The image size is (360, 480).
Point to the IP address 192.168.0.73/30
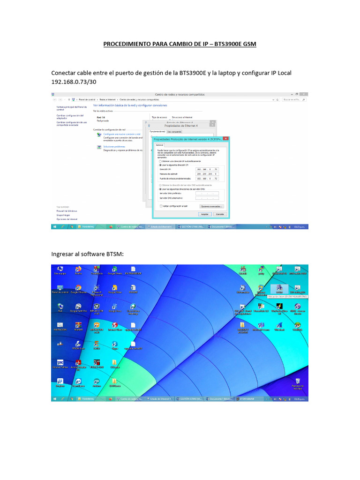[73, 82]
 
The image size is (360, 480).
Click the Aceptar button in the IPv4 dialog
[204, 214]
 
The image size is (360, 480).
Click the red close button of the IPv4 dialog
[227, 139]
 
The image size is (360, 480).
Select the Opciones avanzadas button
[212, 206]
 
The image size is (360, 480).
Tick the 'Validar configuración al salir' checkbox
[161, 206]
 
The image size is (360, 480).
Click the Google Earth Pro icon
[77, 307]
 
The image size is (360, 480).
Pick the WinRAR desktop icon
[78, 325]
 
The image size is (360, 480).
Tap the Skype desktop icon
[115, 344]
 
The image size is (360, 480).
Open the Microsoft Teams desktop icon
[260, 325]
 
